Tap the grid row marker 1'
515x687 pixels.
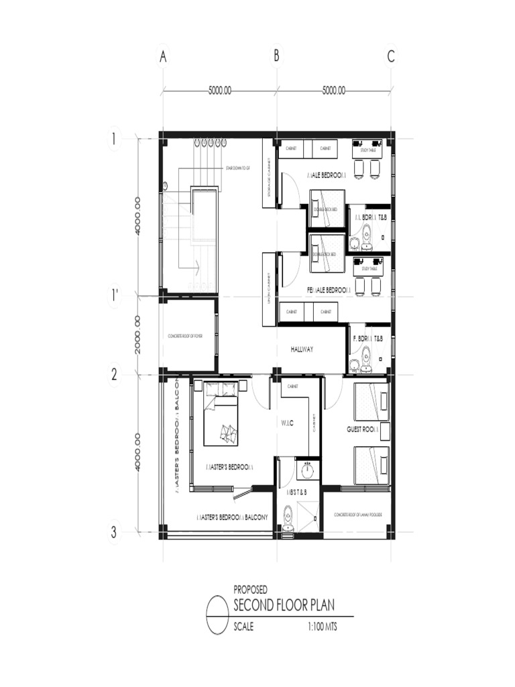point(115,295)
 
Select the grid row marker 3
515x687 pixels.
point(115,533)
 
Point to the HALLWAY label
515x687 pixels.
point(302,350)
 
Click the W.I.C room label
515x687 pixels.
point(286,423)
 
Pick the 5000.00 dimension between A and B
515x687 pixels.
point(220,91)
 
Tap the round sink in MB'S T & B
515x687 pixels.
point(307,471)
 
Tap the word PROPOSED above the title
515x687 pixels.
point(250,590)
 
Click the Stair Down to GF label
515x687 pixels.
point(237,168)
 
